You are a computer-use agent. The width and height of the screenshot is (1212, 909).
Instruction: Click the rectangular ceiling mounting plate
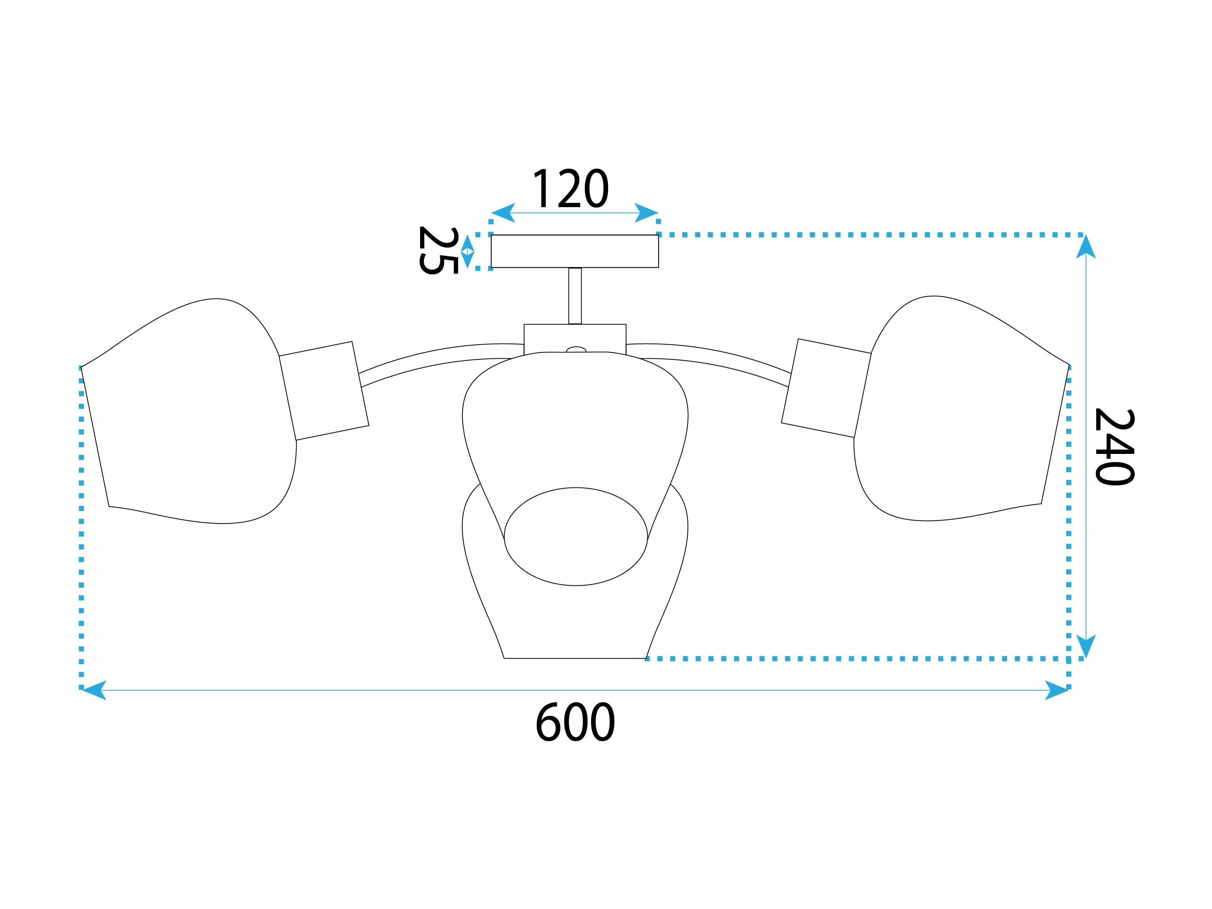pyautogui.click(x=574, y=251)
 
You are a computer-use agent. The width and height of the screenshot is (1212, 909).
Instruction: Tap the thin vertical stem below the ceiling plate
pyautogui.click(x=575, y=296)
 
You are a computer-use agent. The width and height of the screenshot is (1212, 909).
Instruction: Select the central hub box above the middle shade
pyautogui.click(x=575, y=338)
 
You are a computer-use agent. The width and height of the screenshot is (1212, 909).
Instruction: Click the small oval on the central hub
pyautogui.click(x=575, y=349)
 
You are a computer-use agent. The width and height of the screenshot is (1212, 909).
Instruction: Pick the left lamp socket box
pyautogui.click(x=324, y=391)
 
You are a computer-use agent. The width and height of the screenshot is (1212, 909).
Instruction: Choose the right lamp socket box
pyautogui.click(x=826, y=388)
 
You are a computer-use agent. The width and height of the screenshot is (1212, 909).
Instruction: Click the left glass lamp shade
pyautogui.click(x=189, y=411)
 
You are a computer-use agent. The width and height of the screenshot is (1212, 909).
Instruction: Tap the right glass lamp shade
pyautogui.click(x=962, y=408)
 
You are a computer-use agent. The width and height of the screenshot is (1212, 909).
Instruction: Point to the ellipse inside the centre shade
pyautogui.click(x=575, y=536)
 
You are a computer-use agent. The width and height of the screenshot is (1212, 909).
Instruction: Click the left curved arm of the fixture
pyautogui.click(x=441, y=359)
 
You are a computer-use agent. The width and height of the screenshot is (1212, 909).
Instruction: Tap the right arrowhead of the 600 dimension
pyautogui.click(x=1057, y=690)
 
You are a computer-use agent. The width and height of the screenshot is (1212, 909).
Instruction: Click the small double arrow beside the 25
pyautogui.click(x=467, y=251)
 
